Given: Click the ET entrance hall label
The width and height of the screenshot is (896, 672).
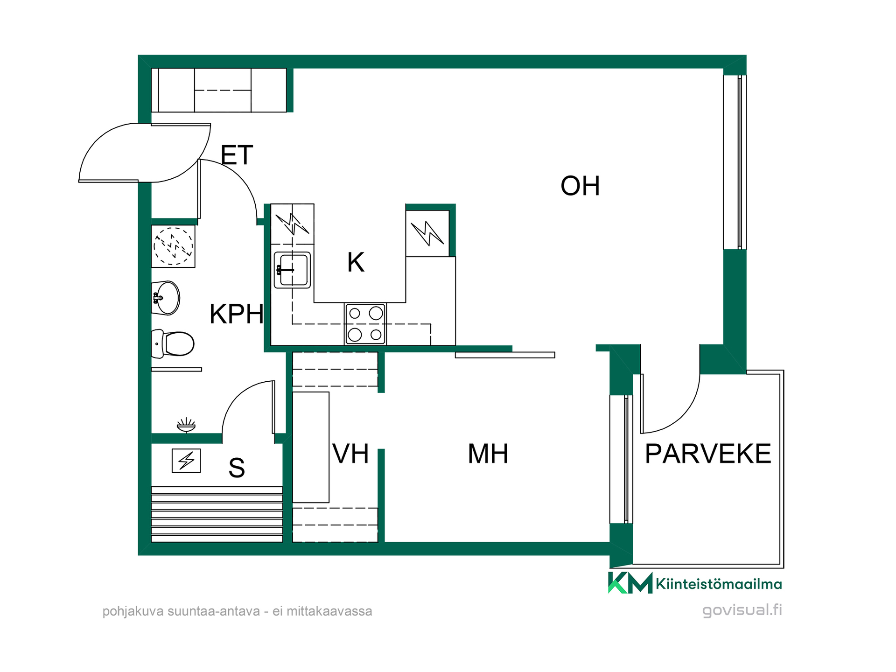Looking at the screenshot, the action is point(237,155).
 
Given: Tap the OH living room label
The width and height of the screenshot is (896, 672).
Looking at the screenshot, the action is point(580,186).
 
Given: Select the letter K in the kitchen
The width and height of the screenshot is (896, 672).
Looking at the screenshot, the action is point(356,262).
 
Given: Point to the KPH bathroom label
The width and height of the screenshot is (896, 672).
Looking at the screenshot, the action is point(237,314).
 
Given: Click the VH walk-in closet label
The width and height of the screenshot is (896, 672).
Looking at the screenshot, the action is point(350,454).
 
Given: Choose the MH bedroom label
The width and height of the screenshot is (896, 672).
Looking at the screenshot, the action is point(488,454).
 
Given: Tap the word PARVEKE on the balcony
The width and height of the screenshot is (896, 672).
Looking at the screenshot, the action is point(708,454).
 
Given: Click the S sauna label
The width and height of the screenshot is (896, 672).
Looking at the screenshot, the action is point(237,468).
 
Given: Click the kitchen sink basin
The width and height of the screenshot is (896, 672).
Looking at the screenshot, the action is point(293,270).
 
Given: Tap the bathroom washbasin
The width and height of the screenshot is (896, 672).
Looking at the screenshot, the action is point(166,298).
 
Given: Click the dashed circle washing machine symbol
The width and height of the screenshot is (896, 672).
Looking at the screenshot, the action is point(173,246).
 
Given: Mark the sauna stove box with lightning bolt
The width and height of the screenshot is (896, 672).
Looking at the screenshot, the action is point(186,461).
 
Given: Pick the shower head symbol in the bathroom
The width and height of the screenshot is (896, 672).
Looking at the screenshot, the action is point(186,425).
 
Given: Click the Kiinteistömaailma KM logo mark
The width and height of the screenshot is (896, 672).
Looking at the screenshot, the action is point(630,583).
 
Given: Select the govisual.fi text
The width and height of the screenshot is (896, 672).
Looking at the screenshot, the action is point(742,610).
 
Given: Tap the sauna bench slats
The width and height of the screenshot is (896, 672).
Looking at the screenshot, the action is point(217,514).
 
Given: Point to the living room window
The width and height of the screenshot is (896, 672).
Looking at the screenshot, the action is point(735,162).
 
